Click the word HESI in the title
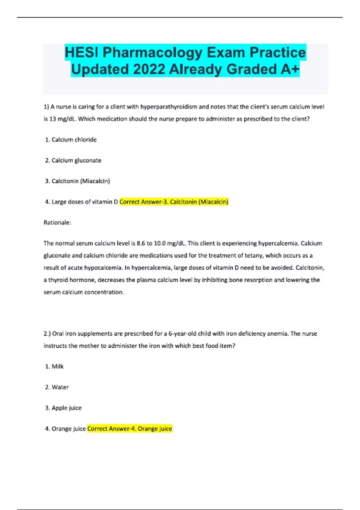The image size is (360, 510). click(81, 52)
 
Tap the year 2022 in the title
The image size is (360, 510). click(149, 69)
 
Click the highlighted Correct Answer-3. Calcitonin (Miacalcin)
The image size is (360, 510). click(174, 202)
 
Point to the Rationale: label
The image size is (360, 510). click(57, 223)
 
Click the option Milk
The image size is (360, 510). click(57, 367)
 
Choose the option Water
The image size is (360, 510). click(60, 387)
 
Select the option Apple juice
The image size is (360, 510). click(66, 408)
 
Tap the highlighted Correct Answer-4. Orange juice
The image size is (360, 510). click(130, 429)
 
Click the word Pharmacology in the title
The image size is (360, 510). click(153, 52)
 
